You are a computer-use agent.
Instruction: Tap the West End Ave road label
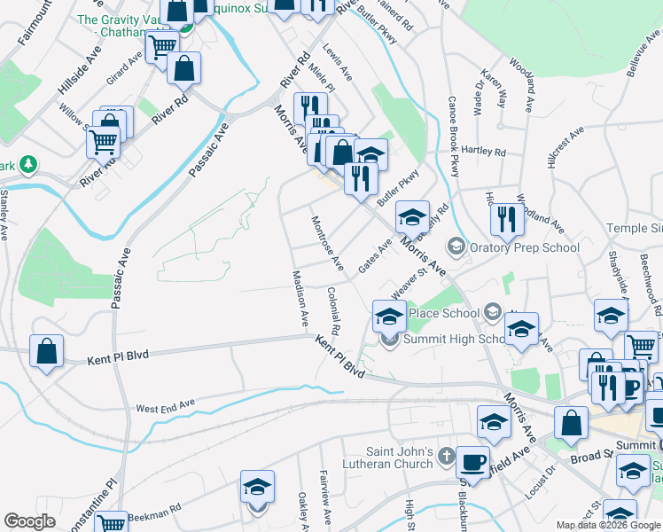point(165,406)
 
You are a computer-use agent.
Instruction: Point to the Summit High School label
point(454,338)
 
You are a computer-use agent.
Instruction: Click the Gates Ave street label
point(375,255)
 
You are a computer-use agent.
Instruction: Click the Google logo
point(29,521)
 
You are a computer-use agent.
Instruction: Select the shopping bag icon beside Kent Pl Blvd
point(46,351)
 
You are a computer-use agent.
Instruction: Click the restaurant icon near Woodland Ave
point(506,218)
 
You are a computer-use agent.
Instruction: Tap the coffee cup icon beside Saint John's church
point(472,461)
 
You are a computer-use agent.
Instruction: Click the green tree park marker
point(28,164)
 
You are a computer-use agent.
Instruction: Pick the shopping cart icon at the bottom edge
point(112,524)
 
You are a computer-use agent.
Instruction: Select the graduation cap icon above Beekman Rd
point(257,488)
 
